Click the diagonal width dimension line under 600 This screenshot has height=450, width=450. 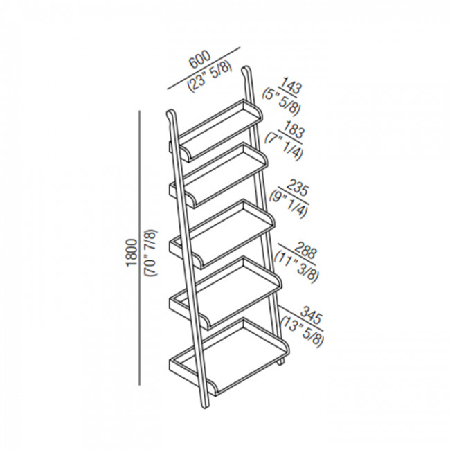[x=204, y=69]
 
